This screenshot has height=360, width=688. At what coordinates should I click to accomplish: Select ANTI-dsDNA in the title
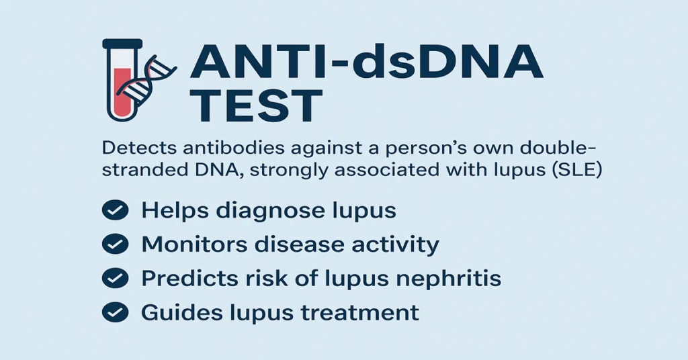[365, 64]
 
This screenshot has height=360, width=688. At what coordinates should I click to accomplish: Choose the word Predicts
[182, 278]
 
